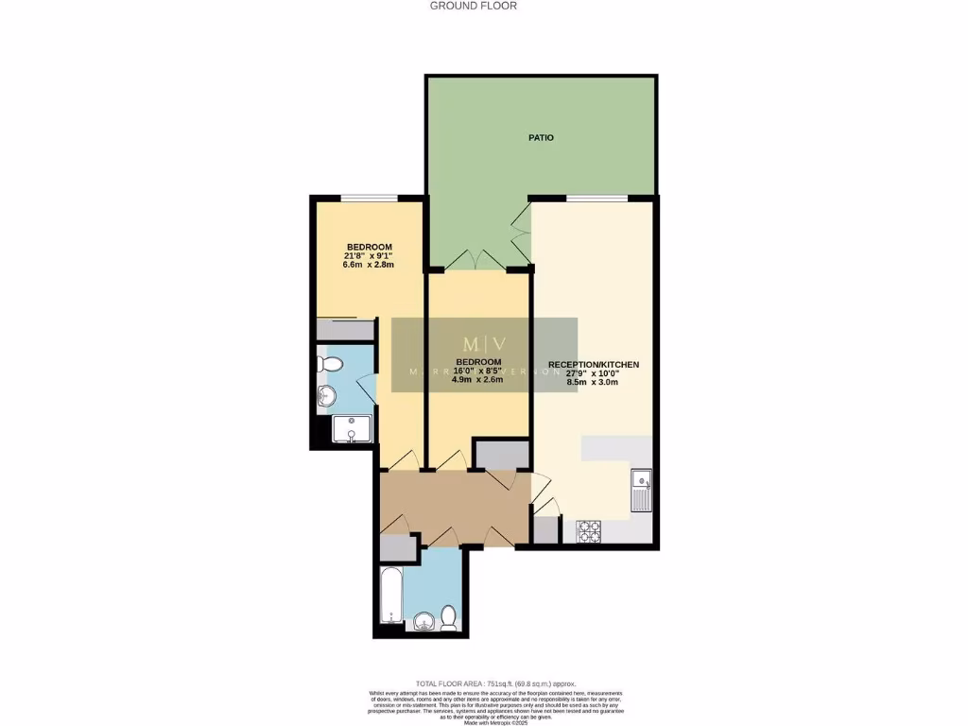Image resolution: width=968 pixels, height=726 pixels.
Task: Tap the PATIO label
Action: click(541, 138)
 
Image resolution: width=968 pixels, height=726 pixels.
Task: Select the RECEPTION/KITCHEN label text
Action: click(594, 365)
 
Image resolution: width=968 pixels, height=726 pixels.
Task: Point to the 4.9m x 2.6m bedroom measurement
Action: click(477, 381)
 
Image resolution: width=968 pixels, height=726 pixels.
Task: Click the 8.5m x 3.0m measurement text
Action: click(593, 383)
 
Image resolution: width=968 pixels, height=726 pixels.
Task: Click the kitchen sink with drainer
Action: click(641, 491)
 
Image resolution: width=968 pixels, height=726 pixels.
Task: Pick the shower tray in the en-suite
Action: click(350, 429)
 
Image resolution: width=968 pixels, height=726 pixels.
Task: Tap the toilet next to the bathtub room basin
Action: click(449, 617)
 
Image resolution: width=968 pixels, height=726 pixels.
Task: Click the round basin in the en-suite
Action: click(328, 395)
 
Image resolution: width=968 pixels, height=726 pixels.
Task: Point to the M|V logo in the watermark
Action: click(484, 344)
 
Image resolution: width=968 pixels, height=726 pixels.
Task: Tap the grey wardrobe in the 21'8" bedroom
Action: click(345, 330)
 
